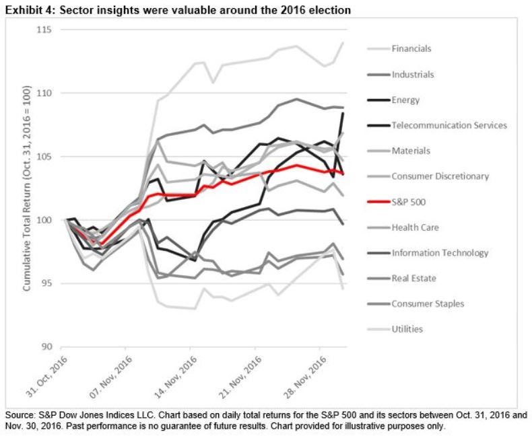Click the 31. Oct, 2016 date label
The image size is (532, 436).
pos(49,375)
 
